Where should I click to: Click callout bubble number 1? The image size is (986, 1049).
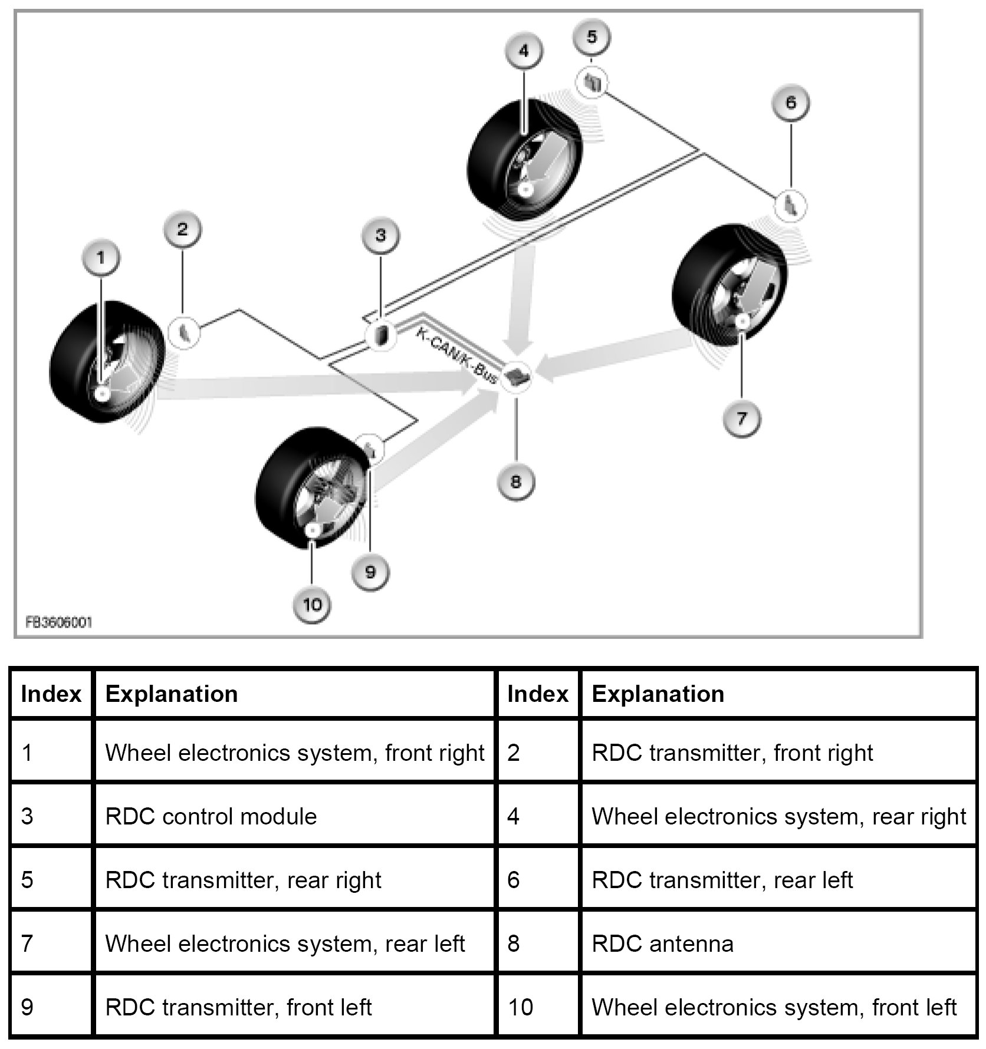point(101,258)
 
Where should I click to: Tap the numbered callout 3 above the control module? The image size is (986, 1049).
point(380,235)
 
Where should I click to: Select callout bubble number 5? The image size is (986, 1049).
point(591,37)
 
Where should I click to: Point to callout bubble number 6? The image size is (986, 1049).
point(790,103)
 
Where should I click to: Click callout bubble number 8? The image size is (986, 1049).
point(516,481)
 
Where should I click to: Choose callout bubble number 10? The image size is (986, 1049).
point(312,604)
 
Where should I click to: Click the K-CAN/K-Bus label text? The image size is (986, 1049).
point(456,354)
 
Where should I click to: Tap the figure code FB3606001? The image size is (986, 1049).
point(59,622)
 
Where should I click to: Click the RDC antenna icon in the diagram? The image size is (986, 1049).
point(517,376)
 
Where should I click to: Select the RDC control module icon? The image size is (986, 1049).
point(381,336)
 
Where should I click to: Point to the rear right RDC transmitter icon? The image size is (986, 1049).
point(593,83)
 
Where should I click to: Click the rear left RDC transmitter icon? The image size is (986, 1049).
point(791,206)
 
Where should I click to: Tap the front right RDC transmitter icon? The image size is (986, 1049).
point(184,332)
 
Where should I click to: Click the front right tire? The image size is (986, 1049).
point(106,362)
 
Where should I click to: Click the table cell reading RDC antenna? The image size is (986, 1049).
point(662,944)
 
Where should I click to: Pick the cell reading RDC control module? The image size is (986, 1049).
point(211,817)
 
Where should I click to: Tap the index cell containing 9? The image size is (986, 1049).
point(27,1007)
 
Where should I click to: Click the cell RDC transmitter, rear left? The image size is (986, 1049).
point(722,880)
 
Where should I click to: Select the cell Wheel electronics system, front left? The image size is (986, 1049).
point(774,1007)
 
